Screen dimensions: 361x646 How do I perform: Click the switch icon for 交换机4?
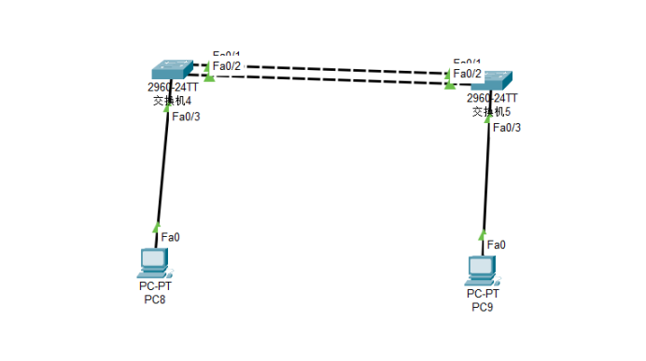173,70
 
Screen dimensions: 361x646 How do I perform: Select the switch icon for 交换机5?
491,80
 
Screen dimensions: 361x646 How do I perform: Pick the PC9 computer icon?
481,270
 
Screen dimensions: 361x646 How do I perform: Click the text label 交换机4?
173,101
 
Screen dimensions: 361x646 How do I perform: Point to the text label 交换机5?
492,111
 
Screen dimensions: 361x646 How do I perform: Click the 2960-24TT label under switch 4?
173,89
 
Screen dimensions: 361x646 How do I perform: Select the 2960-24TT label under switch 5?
492,98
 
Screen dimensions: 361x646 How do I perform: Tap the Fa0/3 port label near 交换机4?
187,116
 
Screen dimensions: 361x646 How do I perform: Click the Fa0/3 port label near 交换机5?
506,127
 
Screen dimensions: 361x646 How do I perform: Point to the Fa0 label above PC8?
170,237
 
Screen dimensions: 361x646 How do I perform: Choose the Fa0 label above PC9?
497,244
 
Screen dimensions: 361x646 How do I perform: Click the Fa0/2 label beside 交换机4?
227,66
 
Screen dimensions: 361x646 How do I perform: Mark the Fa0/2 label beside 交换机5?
468,74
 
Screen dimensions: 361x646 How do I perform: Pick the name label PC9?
482,306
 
